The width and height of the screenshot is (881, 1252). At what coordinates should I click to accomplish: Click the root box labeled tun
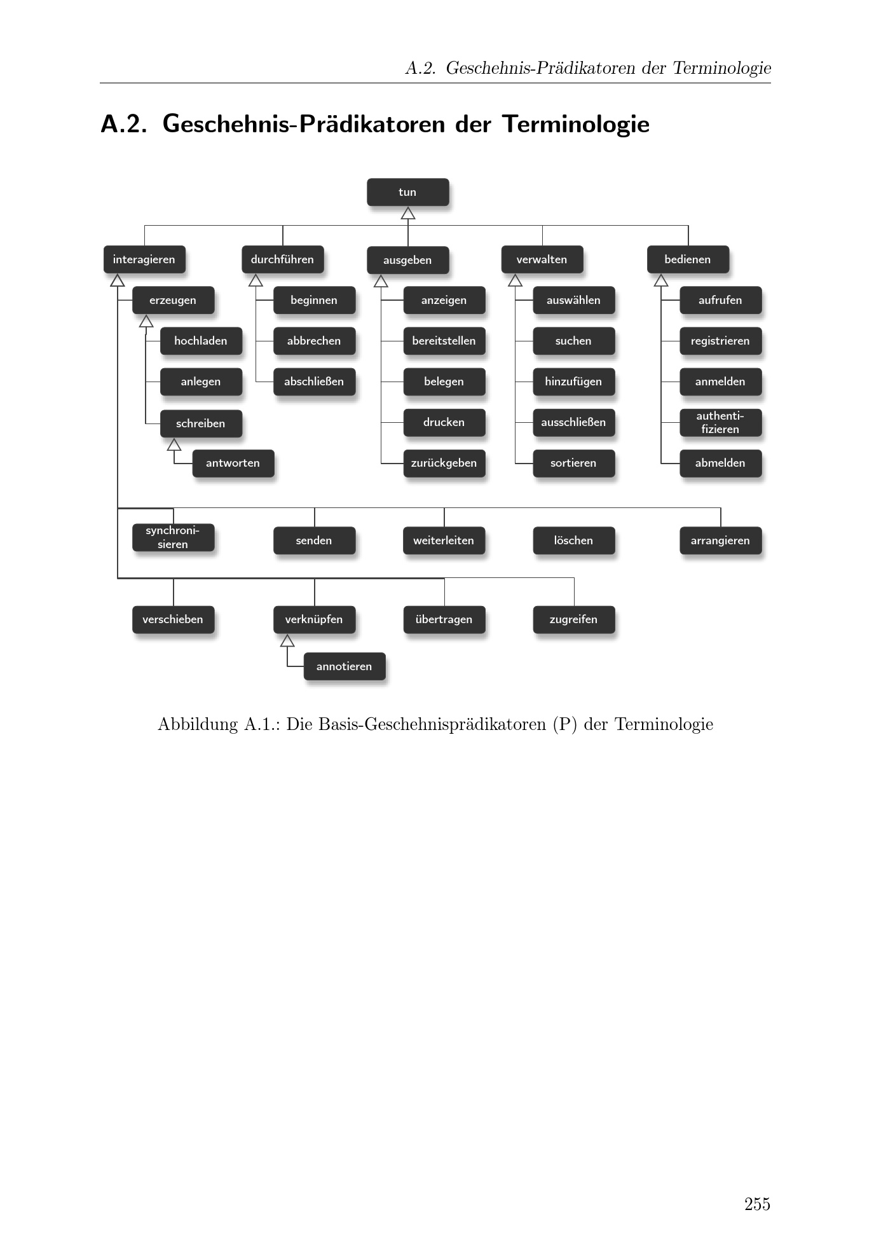click(x=407, y=192)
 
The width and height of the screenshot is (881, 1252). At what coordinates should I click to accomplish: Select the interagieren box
click(x=144, y=259)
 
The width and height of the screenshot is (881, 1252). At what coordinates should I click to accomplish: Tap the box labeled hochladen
click(x=201, y=341)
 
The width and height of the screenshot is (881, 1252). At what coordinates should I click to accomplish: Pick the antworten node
click(x=233, y=463)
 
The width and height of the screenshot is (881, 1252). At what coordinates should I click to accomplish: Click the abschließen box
click(x=314, y=382)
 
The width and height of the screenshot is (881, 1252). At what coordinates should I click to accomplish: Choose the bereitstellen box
click(x=444, y=341)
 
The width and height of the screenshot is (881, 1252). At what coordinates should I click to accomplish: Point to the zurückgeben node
click(x=444, y=463)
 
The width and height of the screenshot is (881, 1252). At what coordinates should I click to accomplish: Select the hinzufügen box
click(x=573, y=382)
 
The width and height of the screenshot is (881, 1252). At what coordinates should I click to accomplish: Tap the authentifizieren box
click(x=720, y=423)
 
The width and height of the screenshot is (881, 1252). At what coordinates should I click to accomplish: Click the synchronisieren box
click(x=173, y=537)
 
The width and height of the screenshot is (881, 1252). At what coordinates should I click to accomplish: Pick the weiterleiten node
click(x=444, y=540)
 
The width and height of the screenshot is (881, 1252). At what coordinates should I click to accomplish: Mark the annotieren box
click(x=345, y=666)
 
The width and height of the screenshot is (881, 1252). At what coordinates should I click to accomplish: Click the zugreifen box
click(x=573, y=619)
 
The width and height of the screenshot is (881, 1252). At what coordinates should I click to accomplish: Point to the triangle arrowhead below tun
click(x=408, y=214)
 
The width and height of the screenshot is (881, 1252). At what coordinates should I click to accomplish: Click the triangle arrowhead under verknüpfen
click(x=287, y=641)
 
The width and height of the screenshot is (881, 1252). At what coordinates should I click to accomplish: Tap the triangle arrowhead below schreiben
click(x=174, y=445)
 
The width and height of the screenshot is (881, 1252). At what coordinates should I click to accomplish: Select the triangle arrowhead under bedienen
click(x=661, y=280)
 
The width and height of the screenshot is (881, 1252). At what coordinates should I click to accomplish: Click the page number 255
click(x=757, y=1204)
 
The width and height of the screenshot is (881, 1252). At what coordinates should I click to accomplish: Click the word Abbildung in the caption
click(x=198, y=724)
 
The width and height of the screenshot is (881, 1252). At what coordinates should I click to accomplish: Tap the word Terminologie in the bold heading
click(x=576, y=124)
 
